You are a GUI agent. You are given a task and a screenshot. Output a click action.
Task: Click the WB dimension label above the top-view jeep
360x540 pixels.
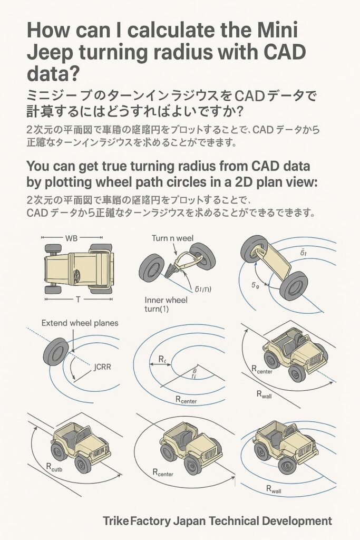71,237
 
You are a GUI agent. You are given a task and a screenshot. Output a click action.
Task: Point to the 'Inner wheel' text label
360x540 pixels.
166,300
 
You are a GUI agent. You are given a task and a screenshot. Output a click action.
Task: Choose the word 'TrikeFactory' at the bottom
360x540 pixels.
137,521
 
